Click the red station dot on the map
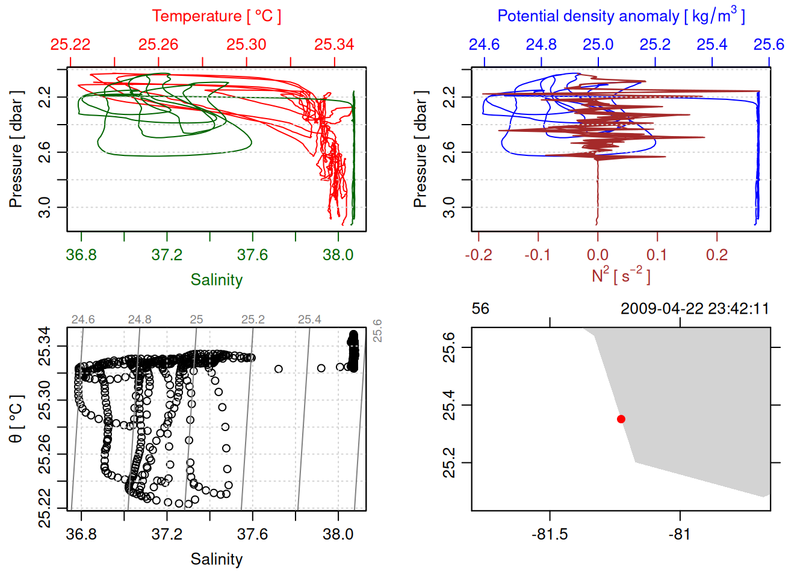[621, 419]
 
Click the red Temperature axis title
[216, 16]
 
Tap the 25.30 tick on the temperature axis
[246, 45]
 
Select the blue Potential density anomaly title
[621, 16]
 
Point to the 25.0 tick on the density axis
[598, 45]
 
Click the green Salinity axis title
[216, 280]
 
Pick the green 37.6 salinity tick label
[252, 255]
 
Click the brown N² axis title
[621, 275]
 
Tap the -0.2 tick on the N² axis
[479, 255]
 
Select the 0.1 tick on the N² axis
[657, 255]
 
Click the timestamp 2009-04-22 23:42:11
[695, 309]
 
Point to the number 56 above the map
[480, 309]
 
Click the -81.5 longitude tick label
[550, 534]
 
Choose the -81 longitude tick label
[680, 534]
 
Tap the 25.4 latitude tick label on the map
[450, 405]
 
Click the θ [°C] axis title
[16, 418]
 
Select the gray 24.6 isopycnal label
[83, 320]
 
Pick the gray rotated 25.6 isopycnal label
[377, 331]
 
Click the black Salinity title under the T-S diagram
[216, 559]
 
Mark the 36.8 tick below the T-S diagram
[81, 534]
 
